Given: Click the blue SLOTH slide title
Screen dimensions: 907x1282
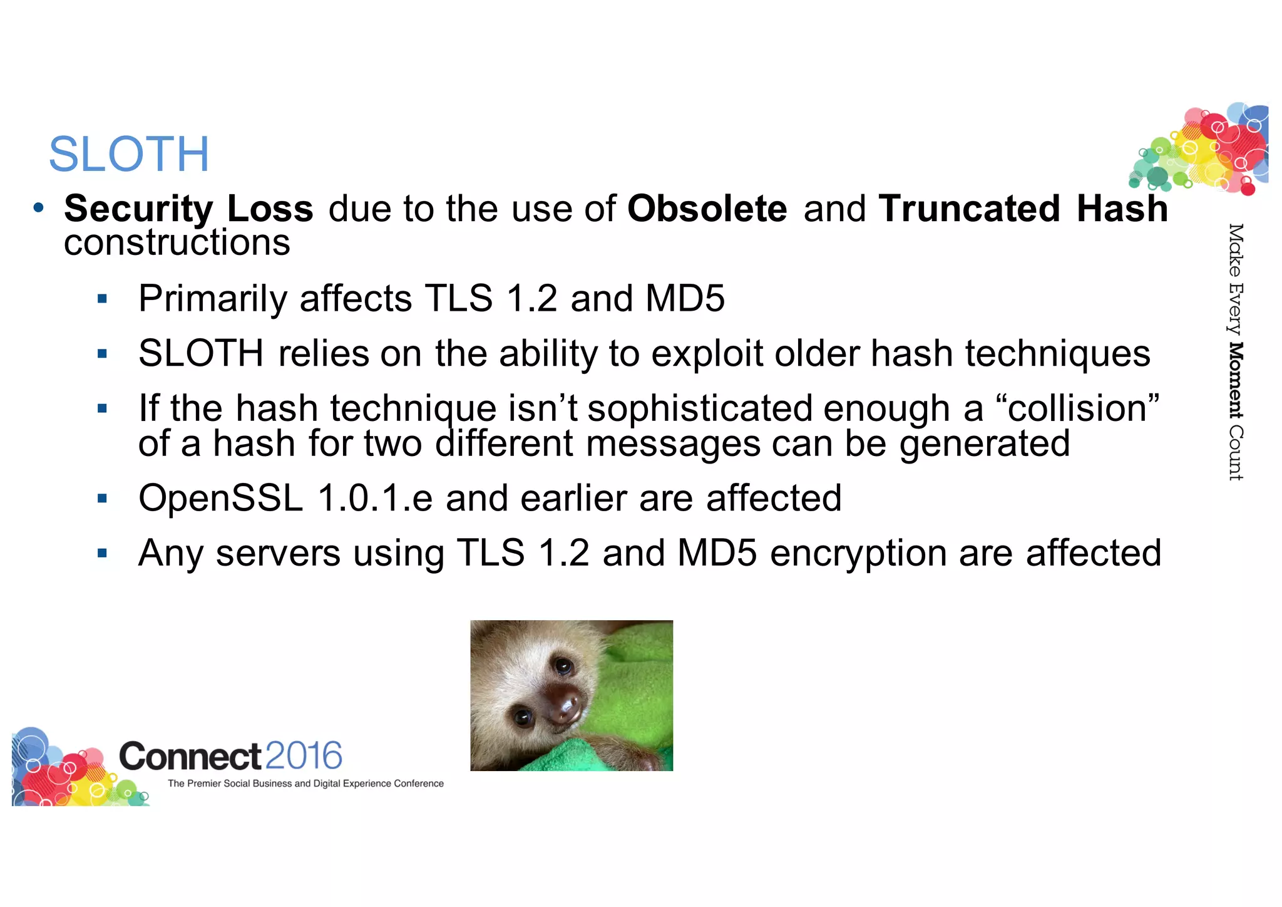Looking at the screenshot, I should [129, 154].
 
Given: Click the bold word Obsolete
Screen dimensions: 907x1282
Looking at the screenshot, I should [707, 209].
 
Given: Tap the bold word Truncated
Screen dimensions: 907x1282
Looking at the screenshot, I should [969, 209].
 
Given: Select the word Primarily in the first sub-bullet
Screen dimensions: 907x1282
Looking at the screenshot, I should [212, 299].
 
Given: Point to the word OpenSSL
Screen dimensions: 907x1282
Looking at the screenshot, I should [220, 499].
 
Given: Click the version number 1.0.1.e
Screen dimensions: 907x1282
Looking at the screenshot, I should [375, 499].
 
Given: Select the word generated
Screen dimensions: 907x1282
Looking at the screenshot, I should [985, 443].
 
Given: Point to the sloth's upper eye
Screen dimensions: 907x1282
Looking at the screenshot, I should [563, 666].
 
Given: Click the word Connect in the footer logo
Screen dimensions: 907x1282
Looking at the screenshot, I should [190, 756].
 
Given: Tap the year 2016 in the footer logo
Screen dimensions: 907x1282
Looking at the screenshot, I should [303, 755].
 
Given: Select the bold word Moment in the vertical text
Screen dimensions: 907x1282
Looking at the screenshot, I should [1235, 380].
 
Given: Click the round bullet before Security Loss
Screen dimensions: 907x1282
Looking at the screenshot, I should [39, 207].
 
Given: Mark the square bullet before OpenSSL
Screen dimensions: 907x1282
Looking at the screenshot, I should [103, 499].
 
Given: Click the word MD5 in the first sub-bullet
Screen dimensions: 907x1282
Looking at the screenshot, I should [685, 299].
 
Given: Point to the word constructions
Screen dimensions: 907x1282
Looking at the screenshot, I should [177, 243].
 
